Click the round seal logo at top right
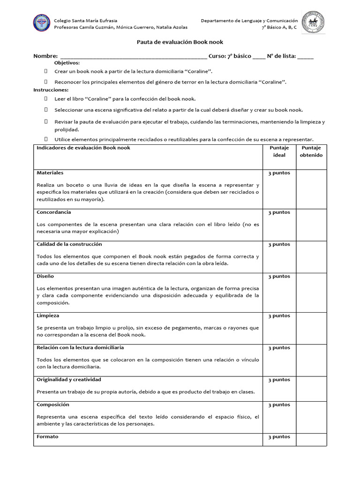[x=313, y=23]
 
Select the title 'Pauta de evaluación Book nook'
[x=180, y=42]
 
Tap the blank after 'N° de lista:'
[x=305, y=56]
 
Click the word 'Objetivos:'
[x=67, y=63]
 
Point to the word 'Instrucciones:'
[x=51, y=90]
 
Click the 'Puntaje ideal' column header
[x=279, y=151]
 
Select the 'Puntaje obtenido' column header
[x=311, y=151]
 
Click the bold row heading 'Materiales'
[x=50, y=173]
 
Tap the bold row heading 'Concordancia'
[x=54, y=212]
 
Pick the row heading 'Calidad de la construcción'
[x=69, y=244]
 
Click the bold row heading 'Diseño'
[x=45, y=276]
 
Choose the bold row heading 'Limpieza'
[x=48, y=316]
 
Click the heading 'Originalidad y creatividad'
[x=69, y=380]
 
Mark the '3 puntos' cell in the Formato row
[x=279, y=437]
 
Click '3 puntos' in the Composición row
[x=279, y=405]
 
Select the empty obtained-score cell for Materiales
[x=311, y=189]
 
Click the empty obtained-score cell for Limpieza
[x=311, y=328]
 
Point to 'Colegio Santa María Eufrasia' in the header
[x=86, y=21]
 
